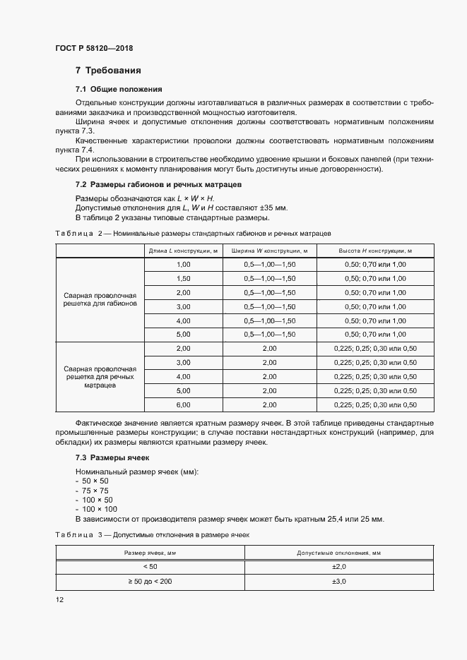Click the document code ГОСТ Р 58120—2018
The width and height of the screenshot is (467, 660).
[x=94, y=49]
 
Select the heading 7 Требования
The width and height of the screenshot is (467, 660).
[x=108, y=71]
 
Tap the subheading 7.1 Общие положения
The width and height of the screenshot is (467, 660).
[x=119, y=90]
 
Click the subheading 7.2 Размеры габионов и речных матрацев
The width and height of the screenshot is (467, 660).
[x=158, y=184]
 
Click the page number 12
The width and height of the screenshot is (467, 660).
[x=59, y=599]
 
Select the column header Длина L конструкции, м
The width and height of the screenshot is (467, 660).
[x=183, y=250]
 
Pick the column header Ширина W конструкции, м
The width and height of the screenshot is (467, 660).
[x=269, y=250]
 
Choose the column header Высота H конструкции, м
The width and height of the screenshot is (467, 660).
[x=375, y=250]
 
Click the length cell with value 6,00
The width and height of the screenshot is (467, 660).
[x=183, y=404]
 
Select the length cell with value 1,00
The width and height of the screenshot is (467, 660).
[x=183, y=264]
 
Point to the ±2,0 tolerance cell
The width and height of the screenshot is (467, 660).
[x=338, y=566]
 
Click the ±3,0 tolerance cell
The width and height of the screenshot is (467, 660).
[x=338, y=582]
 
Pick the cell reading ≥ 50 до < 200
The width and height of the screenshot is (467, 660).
[x=150, y=582]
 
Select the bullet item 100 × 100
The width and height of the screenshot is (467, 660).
[x=99, y=509]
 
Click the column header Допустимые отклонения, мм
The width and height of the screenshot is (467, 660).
[x=338, y=553]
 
